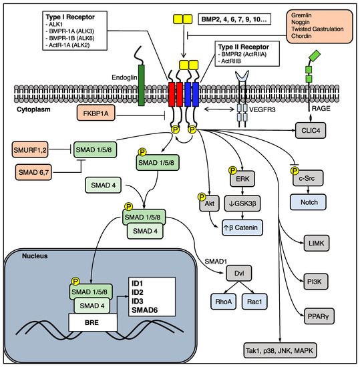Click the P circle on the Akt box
(x=201, y=196)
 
